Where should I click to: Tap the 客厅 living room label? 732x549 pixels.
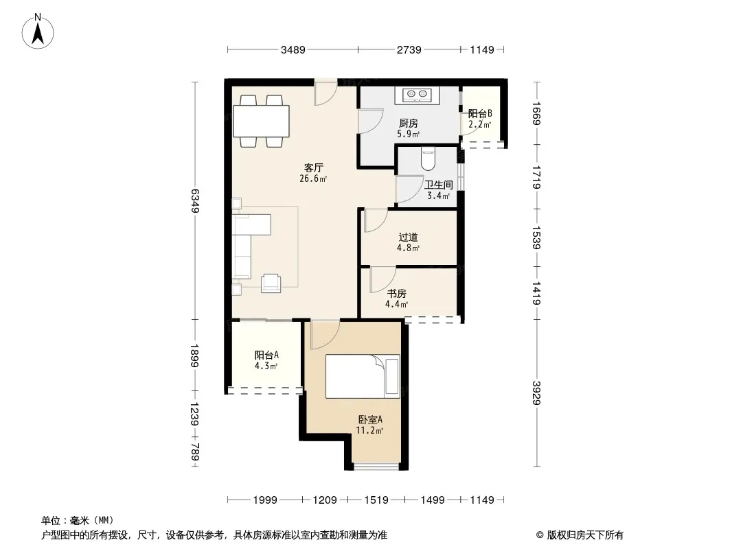point(313,167)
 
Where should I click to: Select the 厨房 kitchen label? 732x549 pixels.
point(409,123)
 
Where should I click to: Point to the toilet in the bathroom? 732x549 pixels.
point(428,159)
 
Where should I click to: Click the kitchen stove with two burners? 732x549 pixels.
point(417,95)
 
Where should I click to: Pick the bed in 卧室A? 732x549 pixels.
point(363,377)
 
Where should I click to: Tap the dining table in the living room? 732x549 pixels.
point(262,121)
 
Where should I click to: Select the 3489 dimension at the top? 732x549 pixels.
point(293,50)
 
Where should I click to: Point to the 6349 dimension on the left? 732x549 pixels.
point(195,200)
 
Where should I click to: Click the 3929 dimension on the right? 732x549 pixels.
point(536,393)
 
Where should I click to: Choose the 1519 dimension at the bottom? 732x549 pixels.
point(376,500)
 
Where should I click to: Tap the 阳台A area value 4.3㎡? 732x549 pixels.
point(266,366)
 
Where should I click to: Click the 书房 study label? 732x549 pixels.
point(396,294)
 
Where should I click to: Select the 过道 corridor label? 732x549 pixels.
point(408,237)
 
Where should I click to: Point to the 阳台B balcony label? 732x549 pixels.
point(480,113)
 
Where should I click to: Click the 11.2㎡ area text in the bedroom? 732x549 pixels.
point(369,430)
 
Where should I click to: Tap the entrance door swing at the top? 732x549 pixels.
point(325,93)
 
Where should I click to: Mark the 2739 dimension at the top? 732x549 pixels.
point(409,50)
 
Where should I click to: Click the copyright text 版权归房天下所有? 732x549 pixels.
point(585,535)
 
